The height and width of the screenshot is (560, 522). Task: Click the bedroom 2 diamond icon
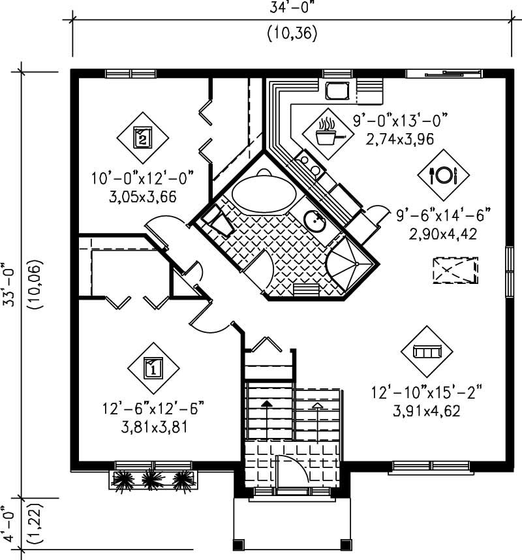143,137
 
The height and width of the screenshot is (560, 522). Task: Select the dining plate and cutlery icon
443,174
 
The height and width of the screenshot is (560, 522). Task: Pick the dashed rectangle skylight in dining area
455,271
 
